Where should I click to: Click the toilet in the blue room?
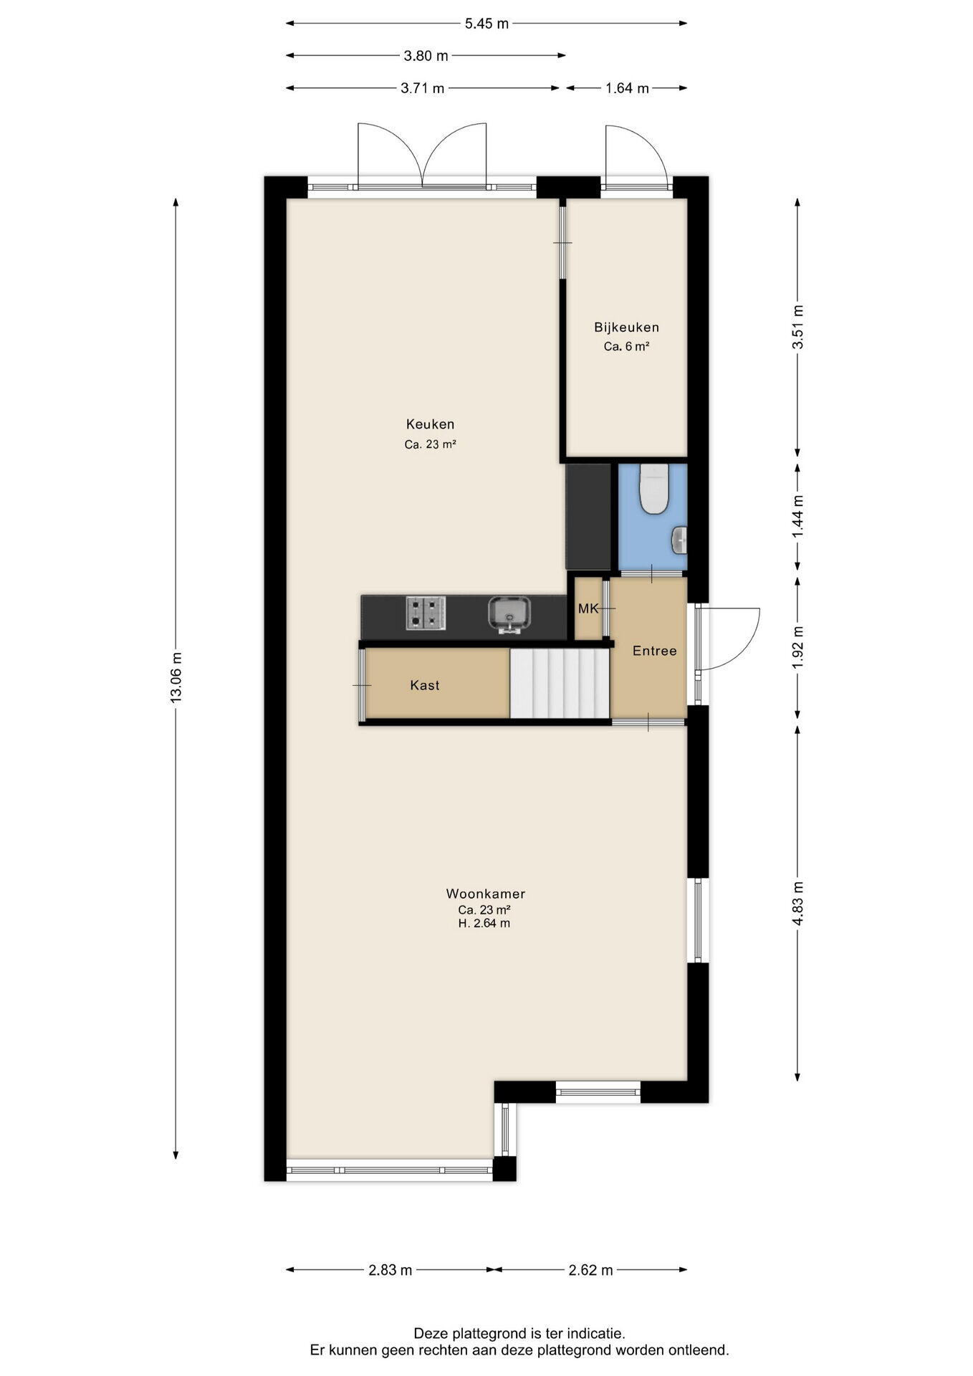[653, 489]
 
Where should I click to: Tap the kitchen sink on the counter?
[509, 615]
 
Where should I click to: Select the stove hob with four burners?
[426, 613]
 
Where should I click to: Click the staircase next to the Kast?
[560, 682]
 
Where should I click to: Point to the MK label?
[588, 608]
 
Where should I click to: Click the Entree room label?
[655, 651]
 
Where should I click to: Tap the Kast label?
[425, 685]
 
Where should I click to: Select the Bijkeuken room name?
[627, 328]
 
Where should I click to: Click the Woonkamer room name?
[486, 894]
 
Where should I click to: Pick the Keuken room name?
[431, 424]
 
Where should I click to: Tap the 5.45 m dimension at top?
[486, 24]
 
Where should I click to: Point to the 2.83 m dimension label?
[390, 1270]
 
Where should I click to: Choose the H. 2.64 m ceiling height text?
[484, 923]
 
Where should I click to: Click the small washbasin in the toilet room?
[679, 540]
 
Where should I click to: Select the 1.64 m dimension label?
[627, 88]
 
